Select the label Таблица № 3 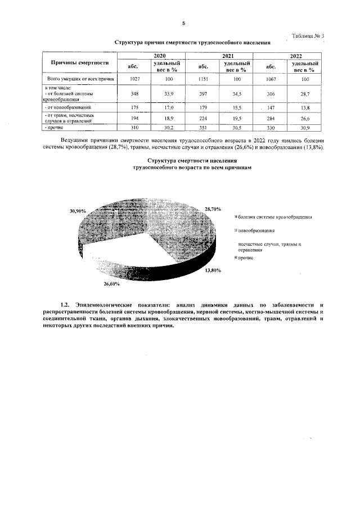coord(309,36)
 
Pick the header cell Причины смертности coord(80,63)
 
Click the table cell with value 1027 coord(134,79)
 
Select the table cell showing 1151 coord(203,79)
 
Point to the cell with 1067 coord(272,79)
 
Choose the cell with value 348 coord(134,93)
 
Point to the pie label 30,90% coord(77,210)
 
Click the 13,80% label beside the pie coord(213,270)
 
